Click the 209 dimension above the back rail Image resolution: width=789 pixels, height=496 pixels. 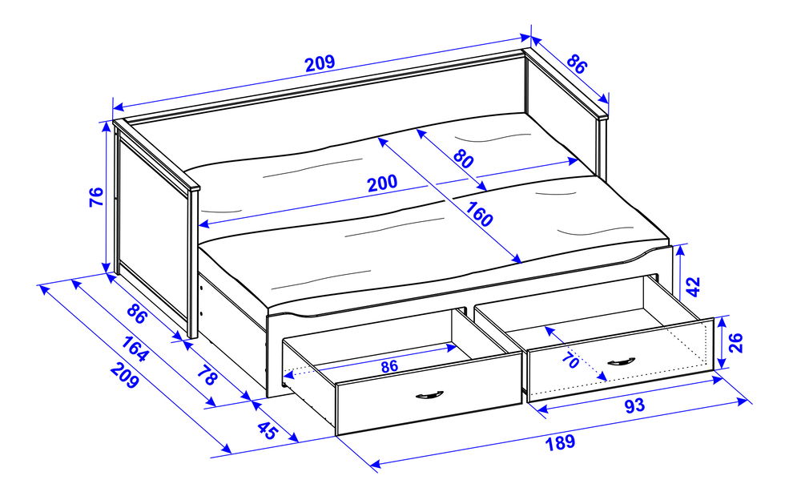pos(320,63)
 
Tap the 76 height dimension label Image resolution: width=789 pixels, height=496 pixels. pos(95,197)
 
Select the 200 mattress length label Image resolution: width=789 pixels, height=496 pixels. pos(382,183)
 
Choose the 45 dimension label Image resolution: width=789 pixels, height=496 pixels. pos(267,432)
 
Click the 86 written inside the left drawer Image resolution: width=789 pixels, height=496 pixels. pos(389,366)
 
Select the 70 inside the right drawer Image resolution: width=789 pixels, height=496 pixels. pos(570,361)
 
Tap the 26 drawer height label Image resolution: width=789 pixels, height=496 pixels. pos(737,343)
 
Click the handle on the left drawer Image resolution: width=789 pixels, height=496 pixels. pos(430,395)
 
